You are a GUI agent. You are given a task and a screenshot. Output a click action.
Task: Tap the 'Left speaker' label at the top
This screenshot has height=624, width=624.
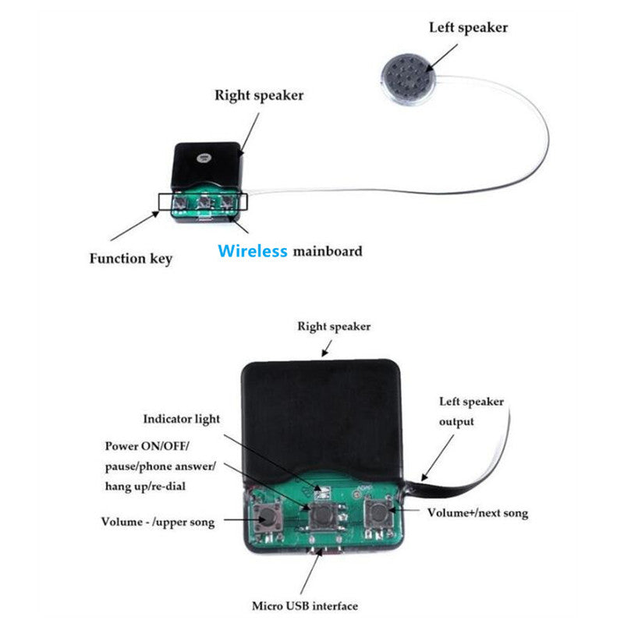pos(468,27)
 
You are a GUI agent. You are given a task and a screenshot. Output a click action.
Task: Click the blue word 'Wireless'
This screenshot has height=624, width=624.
pos(253,251)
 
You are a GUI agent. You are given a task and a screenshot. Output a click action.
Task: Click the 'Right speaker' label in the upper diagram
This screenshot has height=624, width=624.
pos(259,96)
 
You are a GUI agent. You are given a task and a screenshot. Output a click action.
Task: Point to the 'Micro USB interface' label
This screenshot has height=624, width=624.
pos(305,605)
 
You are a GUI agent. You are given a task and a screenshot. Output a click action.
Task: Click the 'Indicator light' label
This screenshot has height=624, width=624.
pos(181,419)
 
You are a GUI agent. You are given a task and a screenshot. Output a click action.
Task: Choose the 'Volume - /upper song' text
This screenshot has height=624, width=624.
pos(158,521)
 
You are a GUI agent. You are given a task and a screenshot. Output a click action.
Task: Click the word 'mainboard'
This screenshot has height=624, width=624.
pos(328,251)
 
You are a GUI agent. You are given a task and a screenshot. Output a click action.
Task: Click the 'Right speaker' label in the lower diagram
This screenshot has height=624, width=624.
pos(334,326)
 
